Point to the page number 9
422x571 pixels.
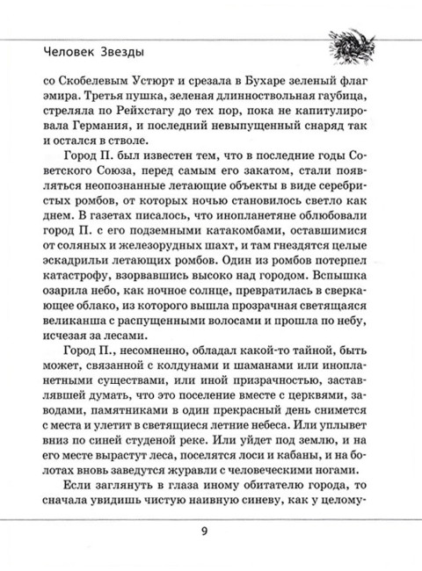click(x=210, y=531)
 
